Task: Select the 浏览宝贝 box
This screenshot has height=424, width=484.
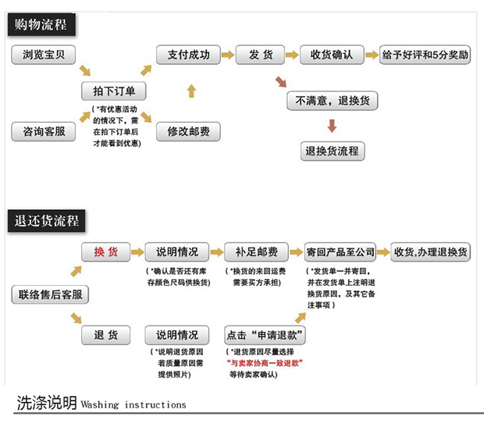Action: [44, 55]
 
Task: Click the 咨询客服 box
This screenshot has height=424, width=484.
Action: [44, 132]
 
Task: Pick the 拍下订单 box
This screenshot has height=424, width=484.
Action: [114, 91]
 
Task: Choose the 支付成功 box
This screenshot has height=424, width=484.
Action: [183, 55]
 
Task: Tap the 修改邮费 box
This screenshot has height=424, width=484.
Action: [188, 132]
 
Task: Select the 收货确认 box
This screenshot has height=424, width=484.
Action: [332, 55]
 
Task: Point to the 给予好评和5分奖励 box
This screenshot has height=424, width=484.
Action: [425, 55]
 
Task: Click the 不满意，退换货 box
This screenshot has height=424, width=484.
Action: [332, 101]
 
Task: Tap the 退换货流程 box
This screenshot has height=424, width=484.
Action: [332, 151]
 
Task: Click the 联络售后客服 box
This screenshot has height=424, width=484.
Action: [49, 294]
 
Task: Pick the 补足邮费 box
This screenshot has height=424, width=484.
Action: [251, 252]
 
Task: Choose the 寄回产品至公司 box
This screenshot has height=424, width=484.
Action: [340, 252]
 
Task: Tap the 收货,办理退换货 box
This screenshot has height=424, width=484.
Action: [431, 252]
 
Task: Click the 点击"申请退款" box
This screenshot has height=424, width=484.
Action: [265, 336]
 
